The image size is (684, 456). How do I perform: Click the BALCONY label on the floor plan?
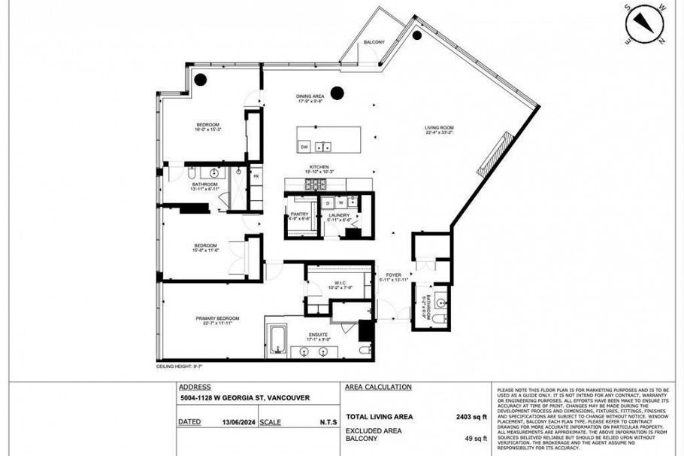pos(374,42)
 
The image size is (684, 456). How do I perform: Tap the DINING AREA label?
pos(310,96)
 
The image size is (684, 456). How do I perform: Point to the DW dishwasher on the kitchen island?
pos(304,147)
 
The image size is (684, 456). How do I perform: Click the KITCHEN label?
pos(319,168)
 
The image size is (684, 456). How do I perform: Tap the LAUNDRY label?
pos(339,215)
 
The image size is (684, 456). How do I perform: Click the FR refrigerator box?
pos(256,176)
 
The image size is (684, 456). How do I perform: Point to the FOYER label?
pos(395,275)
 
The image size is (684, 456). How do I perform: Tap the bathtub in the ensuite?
pos(277,338)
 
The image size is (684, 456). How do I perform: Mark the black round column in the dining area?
pos(337,93)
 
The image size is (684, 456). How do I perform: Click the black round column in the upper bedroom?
pos(201,79)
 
